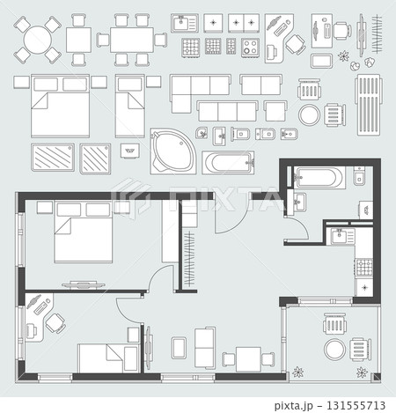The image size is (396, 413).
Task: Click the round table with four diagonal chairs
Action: [x=37, y=40]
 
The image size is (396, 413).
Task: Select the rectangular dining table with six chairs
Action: [x=132, y=40]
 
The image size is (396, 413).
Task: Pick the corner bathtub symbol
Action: [x=172, y=151]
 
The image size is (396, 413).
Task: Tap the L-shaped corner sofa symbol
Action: [x=201, y=94]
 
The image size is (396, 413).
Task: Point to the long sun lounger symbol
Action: [x=369, y=105]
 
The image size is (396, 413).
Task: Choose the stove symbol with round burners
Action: [x=250, y=47]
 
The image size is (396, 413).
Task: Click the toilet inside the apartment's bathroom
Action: [x=359, y=175]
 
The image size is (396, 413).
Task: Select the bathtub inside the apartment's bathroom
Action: [x=318, y=177]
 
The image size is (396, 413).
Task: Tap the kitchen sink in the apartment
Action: [x=342, y=236]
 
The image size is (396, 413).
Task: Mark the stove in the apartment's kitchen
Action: [x=364, y=267]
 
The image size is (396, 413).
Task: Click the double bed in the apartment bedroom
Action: [x=83, y=232]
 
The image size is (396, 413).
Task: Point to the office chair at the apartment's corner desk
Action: [x=55, y=323]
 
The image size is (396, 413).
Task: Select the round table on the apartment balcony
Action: [x=334, y=349]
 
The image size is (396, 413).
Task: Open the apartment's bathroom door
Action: [x=297, y=229]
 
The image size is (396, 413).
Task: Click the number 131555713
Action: [x=356, y=405]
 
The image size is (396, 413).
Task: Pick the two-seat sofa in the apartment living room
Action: [x=205, y=348]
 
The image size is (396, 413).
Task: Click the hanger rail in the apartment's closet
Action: [x=189, y=259]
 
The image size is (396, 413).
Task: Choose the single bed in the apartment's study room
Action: [x=108, y=358]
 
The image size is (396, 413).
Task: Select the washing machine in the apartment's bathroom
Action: [x=366, y=210]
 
